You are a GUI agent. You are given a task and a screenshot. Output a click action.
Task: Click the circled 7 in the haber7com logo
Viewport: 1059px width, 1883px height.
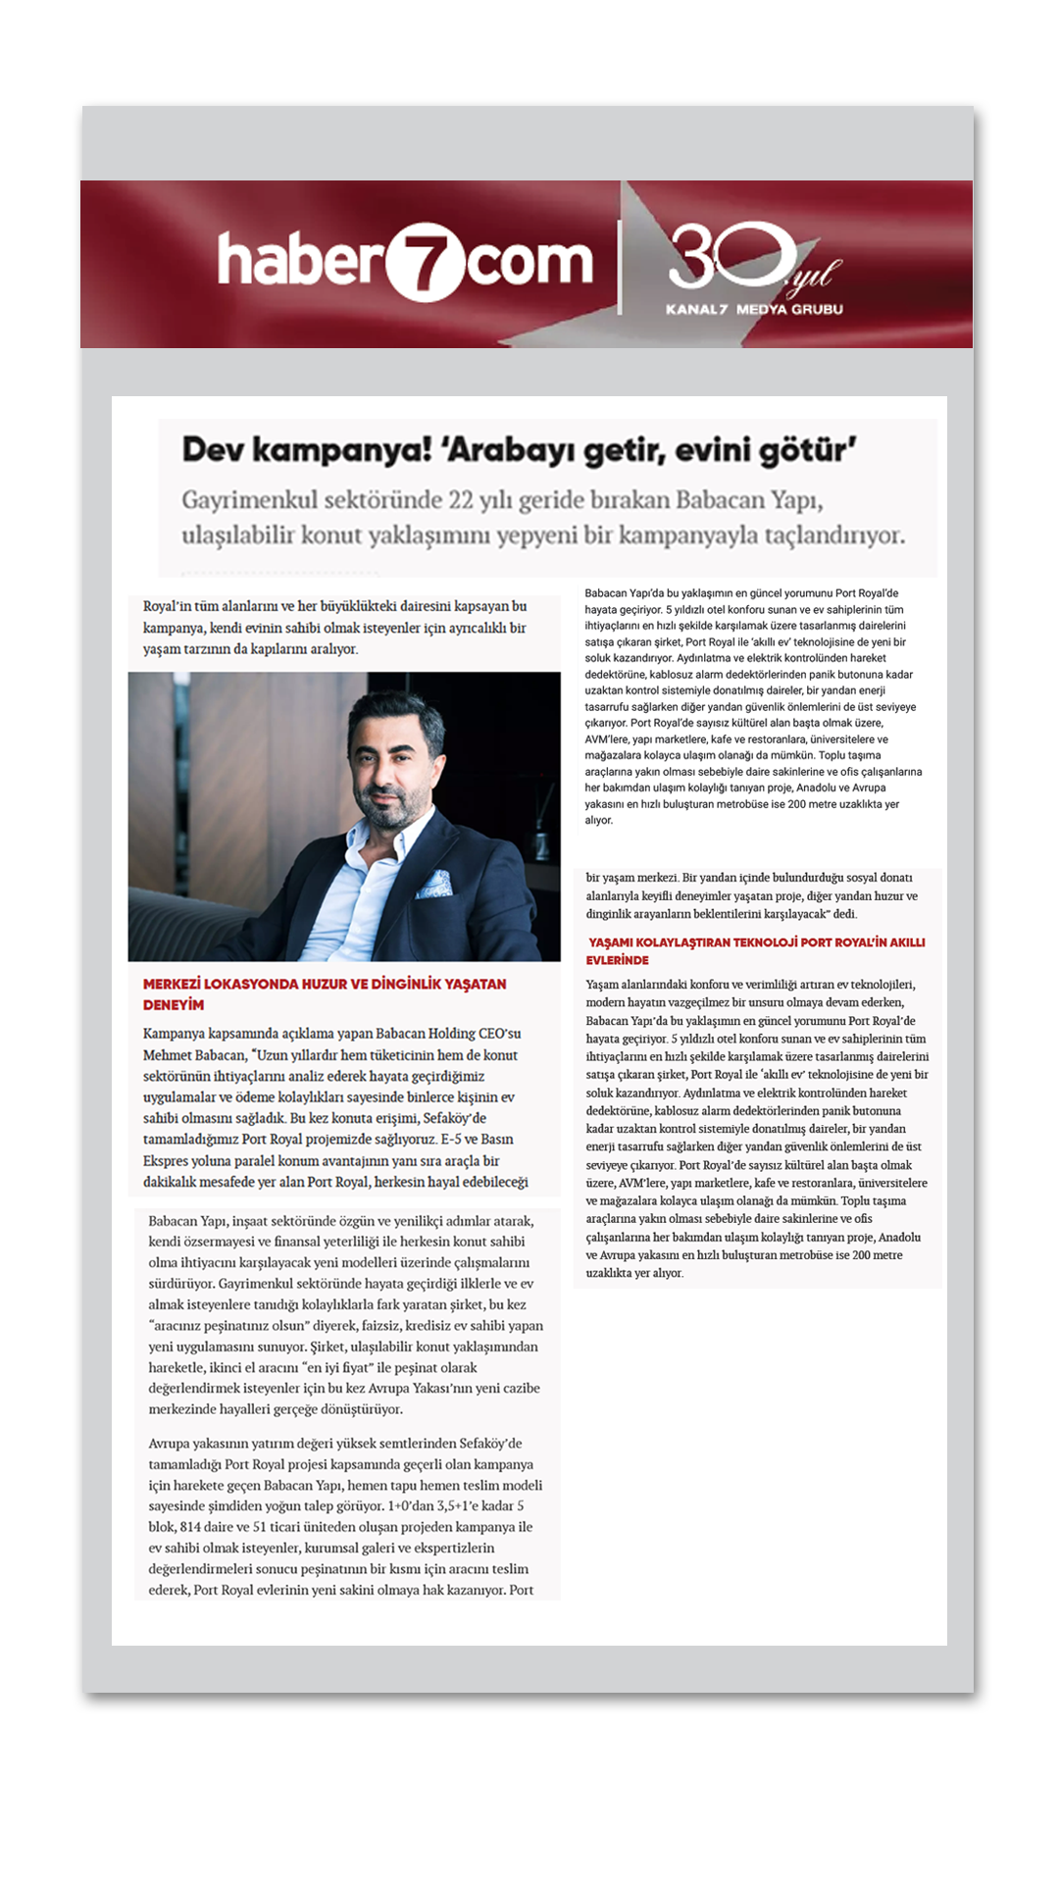pos(425,262)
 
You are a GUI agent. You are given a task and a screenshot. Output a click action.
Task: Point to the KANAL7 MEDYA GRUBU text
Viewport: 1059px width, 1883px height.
pos(753,309)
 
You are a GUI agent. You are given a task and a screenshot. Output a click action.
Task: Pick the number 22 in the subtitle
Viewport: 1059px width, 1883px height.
pos(461,500)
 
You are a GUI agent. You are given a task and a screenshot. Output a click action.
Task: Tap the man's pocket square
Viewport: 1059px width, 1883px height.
pos(433,885)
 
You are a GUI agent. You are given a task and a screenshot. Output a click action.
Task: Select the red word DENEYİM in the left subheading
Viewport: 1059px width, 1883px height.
pos(173,1005)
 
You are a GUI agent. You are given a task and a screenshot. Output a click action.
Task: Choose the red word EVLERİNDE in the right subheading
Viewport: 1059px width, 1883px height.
pos(618,960)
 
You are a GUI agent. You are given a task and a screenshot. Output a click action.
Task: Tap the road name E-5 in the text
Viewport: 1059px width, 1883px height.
pos(450,1140)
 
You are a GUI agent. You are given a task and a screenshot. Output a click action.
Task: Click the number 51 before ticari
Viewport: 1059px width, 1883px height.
pos(259,1527)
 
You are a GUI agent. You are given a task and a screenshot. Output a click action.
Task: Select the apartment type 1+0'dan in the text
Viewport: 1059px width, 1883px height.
pos(411,1506)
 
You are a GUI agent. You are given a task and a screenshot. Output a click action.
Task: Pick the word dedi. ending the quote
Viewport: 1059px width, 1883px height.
pos(844,914)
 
